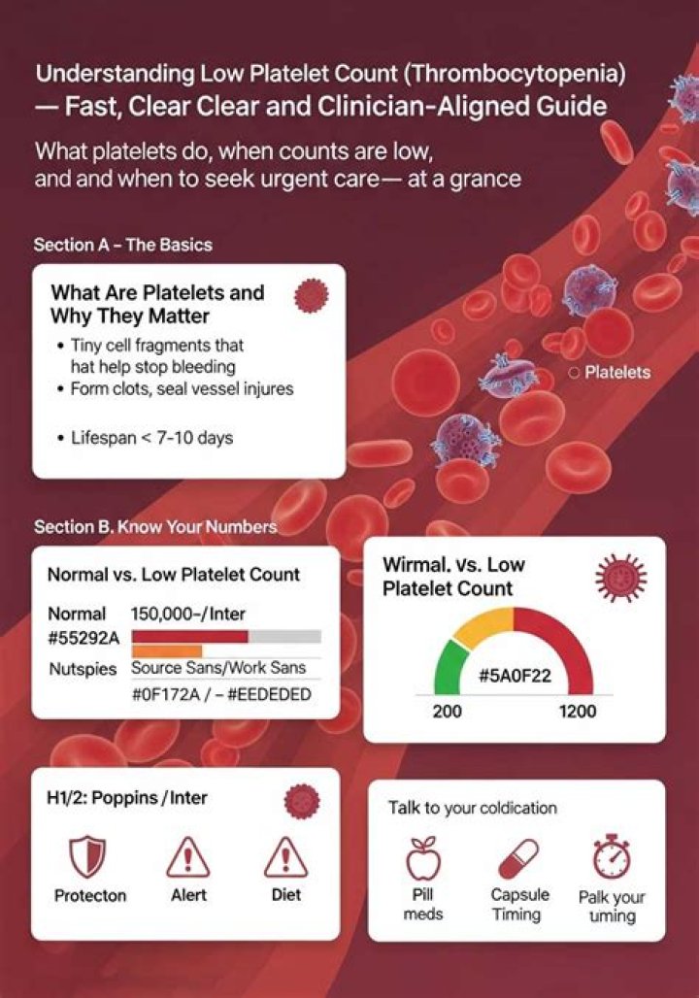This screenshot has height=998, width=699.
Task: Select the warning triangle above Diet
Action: tap(285, 855)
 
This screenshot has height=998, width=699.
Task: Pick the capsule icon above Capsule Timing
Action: tap(519, 858)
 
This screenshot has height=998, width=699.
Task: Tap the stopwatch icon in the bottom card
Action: tap(612, 857)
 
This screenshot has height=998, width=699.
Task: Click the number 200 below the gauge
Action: tap(447, 712)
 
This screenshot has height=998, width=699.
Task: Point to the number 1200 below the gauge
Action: tap(578, 712)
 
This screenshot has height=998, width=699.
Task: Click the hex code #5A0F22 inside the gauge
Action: tap(514, 676)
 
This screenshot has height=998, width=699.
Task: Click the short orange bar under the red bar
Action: tap(166, 650)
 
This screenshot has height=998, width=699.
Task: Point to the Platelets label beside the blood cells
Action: tap(616, 372)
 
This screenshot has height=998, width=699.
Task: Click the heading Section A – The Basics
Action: tap(122, 245)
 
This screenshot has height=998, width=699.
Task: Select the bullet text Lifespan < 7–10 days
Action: tap(152, 438)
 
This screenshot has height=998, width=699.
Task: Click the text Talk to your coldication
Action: tap(473, 807)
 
